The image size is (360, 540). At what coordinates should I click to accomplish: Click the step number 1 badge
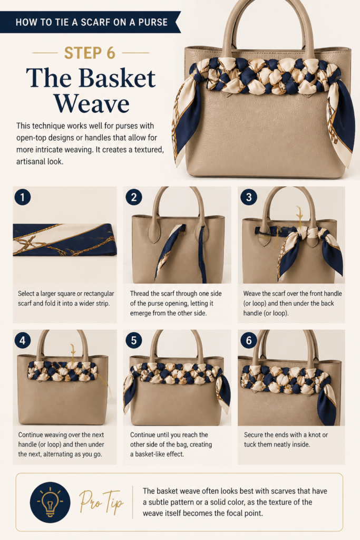click(22, 197)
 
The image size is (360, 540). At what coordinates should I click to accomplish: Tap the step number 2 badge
click(133, 197)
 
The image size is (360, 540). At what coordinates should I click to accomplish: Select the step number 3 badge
click(248, 197)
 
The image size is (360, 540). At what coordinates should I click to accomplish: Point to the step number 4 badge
click(22, 341)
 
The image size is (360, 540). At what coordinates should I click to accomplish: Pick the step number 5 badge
click(133, 341)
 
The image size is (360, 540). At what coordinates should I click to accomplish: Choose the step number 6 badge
click(248, 341)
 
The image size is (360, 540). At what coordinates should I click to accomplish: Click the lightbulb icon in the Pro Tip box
click(50, 502)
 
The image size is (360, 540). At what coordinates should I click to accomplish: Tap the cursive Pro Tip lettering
click(101, 502)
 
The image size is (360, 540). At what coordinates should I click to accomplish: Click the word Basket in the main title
click(117, 78)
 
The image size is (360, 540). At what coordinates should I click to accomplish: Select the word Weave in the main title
click(91, 103)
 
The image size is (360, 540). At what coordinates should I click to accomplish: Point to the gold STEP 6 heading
click(90, 53)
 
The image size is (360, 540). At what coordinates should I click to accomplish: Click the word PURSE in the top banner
click(153, 22)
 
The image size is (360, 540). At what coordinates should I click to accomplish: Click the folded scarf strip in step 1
click(65, 240)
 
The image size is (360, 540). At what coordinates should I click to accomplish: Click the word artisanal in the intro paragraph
click(31, 161)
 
